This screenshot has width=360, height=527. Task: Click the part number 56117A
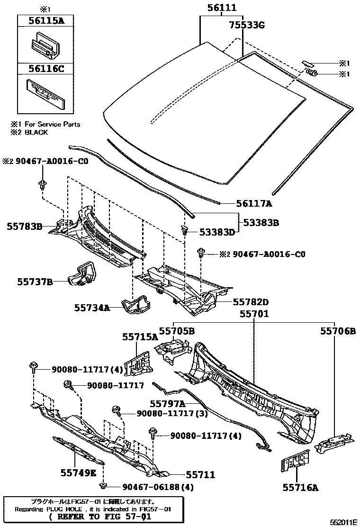tap(254, 204)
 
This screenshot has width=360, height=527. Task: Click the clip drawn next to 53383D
tap(185, 231)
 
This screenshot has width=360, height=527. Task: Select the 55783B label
tap(25, 227)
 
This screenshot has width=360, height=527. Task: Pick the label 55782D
tap(250, 302)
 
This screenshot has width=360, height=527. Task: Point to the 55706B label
tap(337, 331)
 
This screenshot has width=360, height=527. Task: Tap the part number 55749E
tap(78, 472)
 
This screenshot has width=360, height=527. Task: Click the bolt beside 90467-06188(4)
tap(103, 486)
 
